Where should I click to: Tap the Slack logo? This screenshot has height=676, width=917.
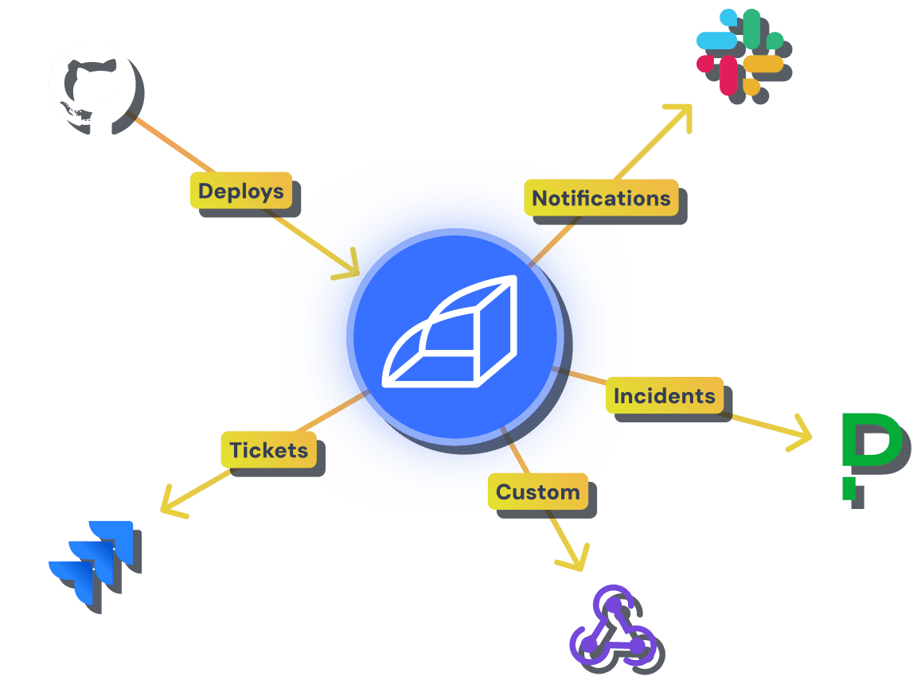[x=739, y=52]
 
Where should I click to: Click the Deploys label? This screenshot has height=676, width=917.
[x=240, y=191]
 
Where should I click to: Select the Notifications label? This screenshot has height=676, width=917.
[x=601, y=198]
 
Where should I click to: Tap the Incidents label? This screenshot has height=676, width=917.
[x=665, y=395]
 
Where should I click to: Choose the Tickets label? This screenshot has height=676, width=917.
[x=268, y=450]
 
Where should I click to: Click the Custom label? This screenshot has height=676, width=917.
[x=538, y=491]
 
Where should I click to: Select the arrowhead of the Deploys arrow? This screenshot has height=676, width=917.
[x=350, y=266]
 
